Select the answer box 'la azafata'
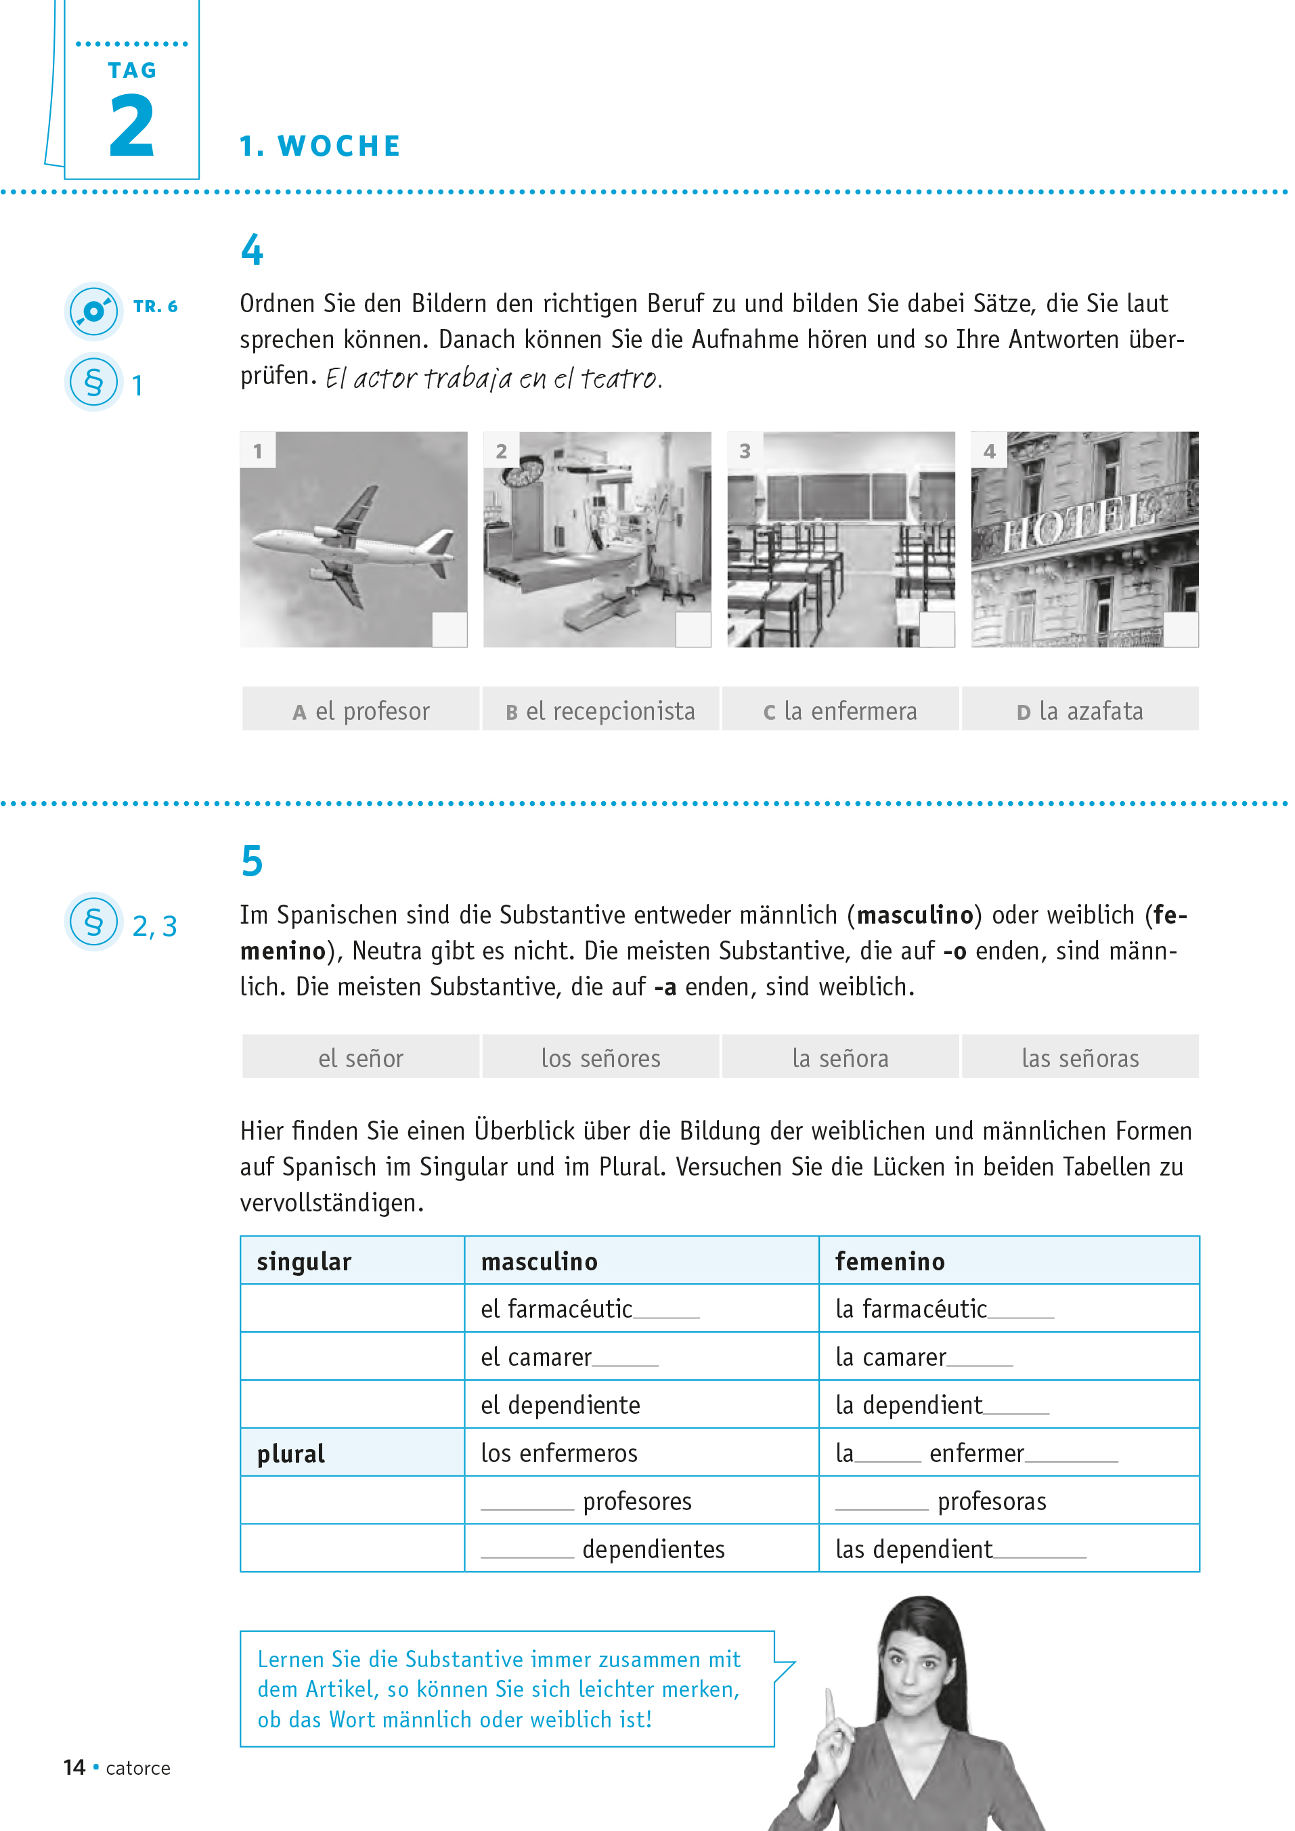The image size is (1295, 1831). [1080, 710]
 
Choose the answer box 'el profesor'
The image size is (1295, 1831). [361, 710]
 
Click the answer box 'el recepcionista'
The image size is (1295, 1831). [600, 710]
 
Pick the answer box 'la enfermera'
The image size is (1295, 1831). [841, 710]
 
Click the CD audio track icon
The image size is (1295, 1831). [93, 310]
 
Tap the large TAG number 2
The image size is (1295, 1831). [131, 126]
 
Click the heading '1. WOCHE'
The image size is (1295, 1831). [321, 146]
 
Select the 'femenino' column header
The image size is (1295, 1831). [890, 1261]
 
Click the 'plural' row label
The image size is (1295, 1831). [291, 1453]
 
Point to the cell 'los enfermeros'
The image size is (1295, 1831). [559, 1453]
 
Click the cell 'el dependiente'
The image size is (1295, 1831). [560, 1405]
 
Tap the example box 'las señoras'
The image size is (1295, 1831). [1080, 1058]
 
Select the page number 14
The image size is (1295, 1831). [74, 1767]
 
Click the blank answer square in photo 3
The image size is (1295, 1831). [938, 629]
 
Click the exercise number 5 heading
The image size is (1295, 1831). [252, 861]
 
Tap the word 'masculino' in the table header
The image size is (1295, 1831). [539, 1261]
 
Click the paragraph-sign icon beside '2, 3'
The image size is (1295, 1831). [93, 921]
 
